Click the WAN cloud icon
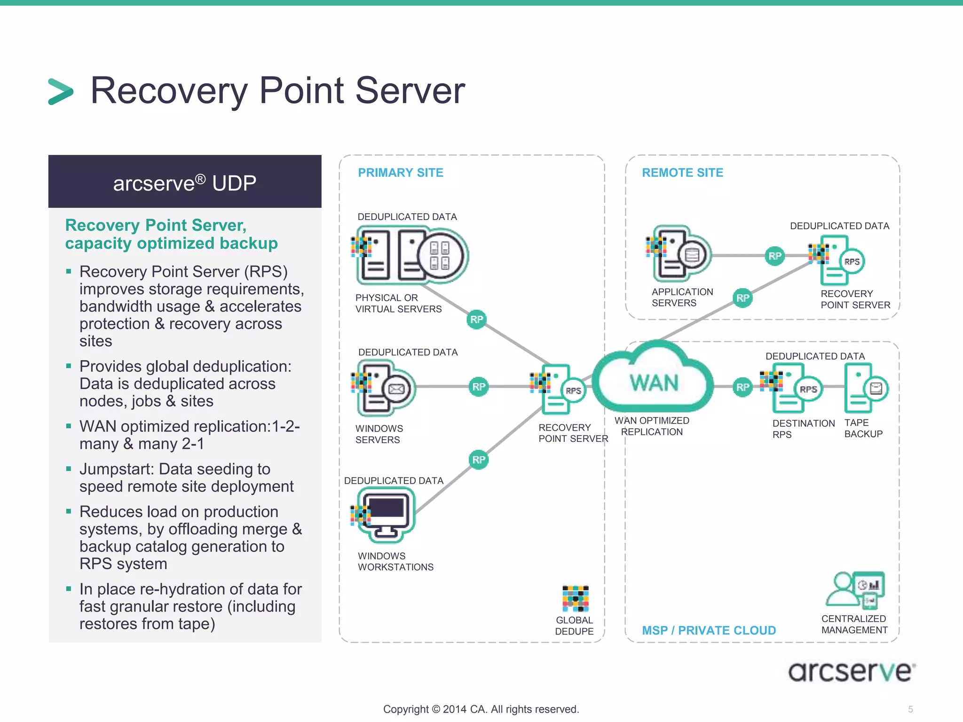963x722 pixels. tap(654, 378)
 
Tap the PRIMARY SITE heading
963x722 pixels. tap(400, 173)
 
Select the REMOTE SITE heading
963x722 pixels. tap(682, 173)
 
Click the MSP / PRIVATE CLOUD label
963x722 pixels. tap(709, 630)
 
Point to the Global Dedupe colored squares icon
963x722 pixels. tap(576, 598)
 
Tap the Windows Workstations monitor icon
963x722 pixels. tap(386, 514)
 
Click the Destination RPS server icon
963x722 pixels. tap(794, 388)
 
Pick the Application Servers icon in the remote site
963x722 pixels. tap(680, 254)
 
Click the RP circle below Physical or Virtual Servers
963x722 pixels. tap(476, 320)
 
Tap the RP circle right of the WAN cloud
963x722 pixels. tap(742, 387)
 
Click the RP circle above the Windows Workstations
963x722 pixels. tap(479, 459)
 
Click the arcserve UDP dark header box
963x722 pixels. tap(185, 182)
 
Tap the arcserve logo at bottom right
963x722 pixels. tap(851, 671)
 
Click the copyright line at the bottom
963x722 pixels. tap(481, 709)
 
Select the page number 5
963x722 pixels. tap(910, 709)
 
